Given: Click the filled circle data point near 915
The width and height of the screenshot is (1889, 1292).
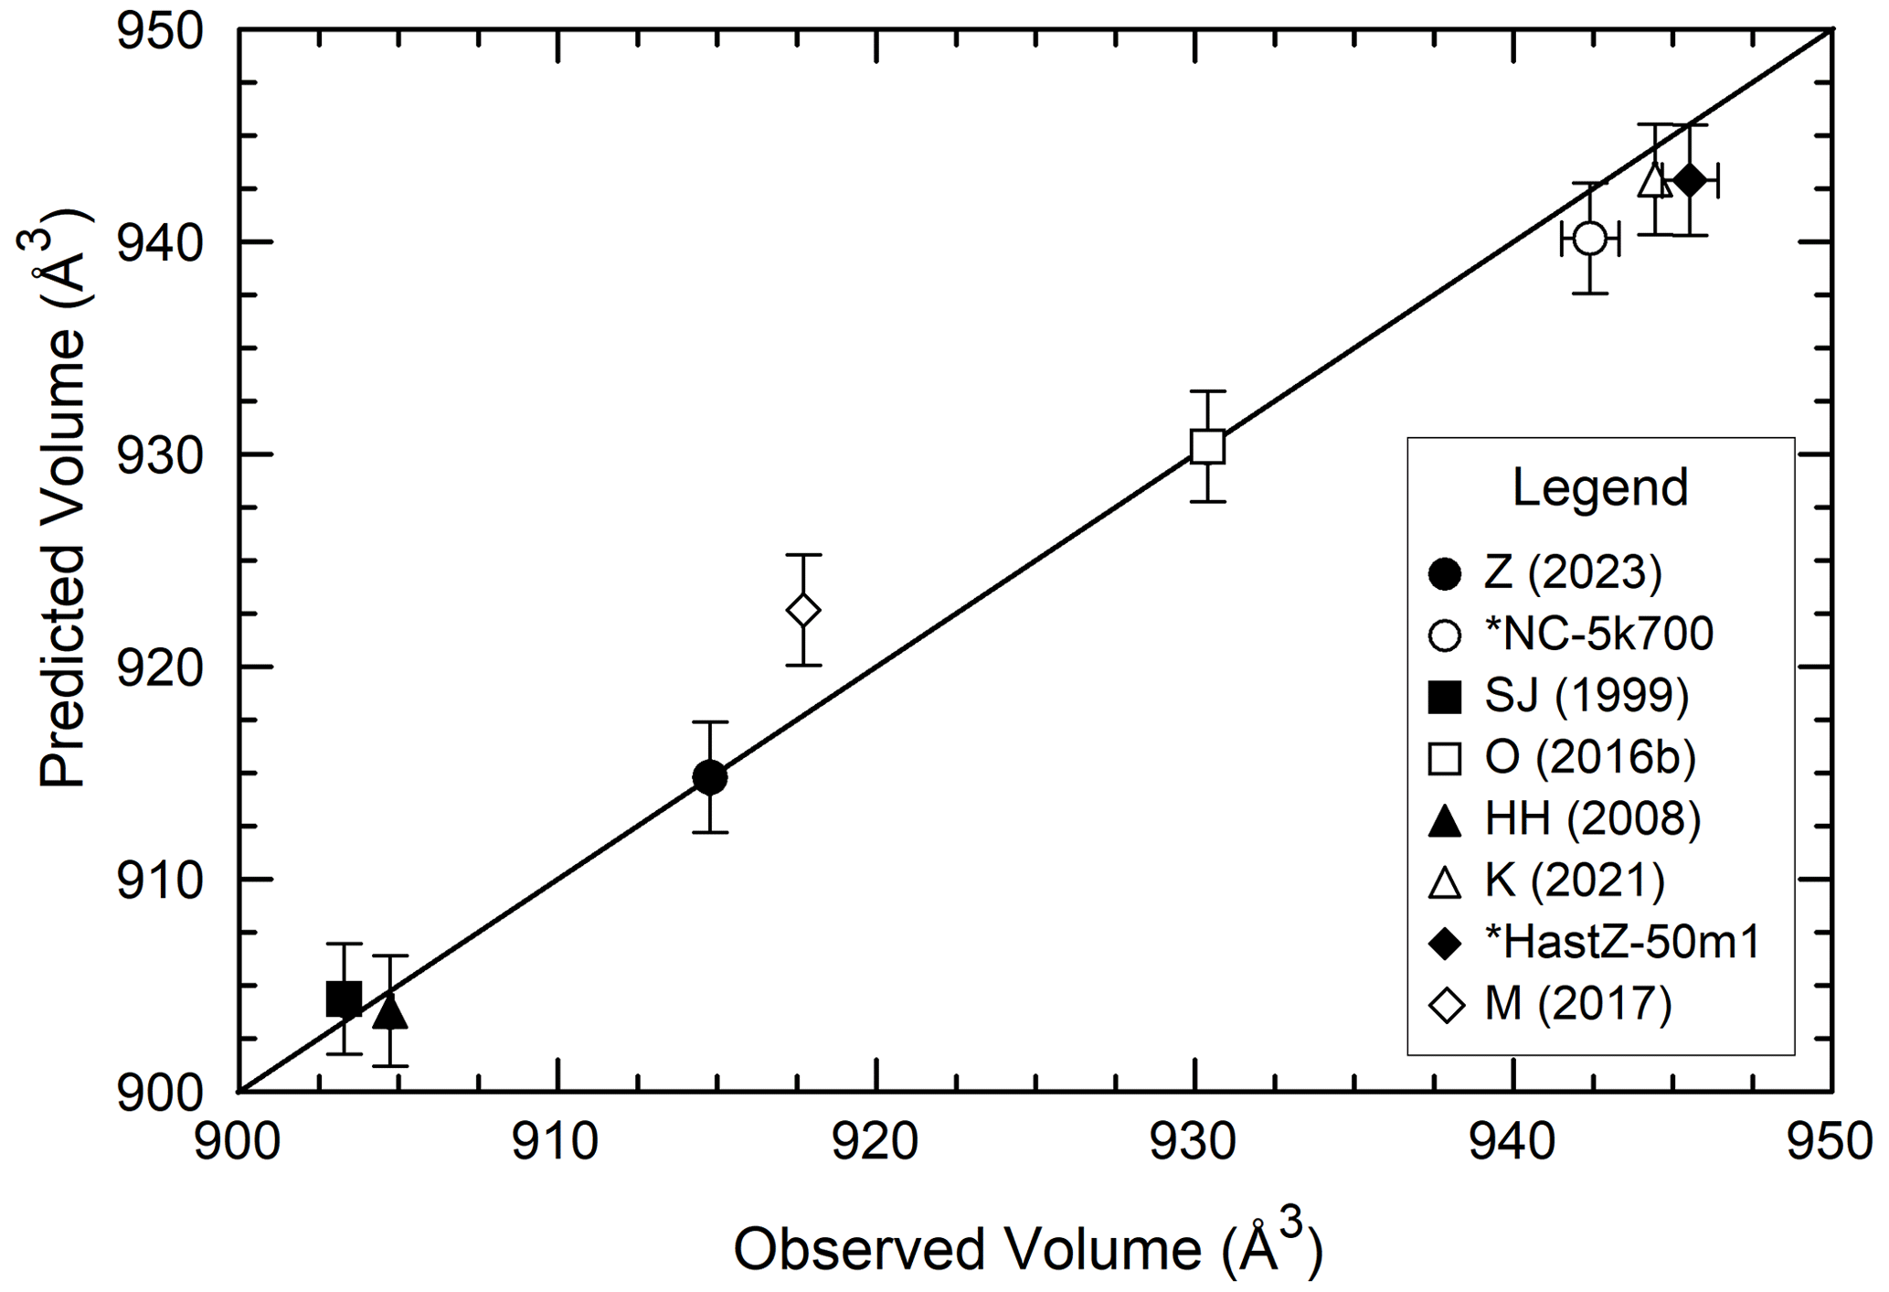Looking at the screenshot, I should click(709, 777).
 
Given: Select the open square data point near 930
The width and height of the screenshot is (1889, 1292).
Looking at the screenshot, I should click(1207, 446).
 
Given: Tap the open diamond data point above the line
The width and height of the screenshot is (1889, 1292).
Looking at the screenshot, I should click(802, 610).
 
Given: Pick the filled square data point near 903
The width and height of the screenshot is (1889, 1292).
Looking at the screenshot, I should click(344, 998).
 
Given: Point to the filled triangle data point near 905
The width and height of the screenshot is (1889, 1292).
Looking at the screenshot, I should click(390, 1011).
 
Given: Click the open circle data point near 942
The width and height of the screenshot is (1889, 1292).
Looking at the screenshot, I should click(1589, 239).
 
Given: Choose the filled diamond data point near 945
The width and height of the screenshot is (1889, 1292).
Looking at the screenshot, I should click(1689, 180).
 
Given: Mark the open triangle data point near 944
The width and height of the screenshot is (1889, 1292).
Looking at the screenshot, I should click(1654, 180).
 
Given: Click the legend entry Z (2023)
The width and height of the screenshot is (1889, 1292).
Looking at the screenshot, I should click(1572, 572).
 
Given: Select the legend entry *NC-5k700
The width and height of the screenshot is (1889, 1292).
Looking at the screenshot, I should click(1598, 634).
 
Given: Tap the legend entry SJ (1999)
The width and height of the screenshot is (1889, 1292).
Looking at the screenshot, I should click(1586, 696).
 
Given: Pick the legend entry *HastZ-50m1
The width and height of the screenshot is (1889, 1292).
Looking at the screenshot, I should click(1621, 942).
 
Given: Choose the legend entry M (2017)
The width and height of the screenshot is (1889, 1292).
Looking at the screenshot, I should click(1577, 1004).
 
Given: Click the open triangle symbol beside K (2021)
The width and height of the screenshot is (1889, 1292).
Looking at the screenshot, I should click(1445, 881).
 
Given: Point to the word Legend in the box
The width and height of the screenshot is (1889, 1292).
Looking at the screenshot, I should click(1599, 487).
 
